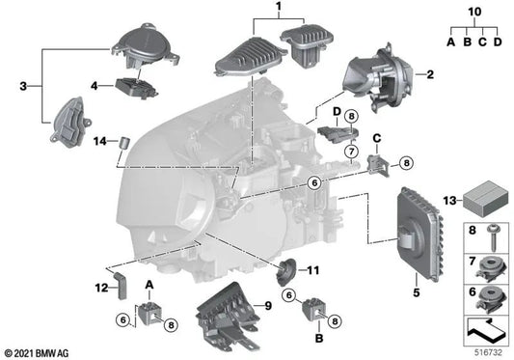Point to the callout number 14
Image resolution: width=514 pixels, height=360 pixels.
point(98,142)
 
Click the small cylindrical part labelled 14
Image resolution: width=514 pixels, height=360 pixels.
point(124,144)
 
